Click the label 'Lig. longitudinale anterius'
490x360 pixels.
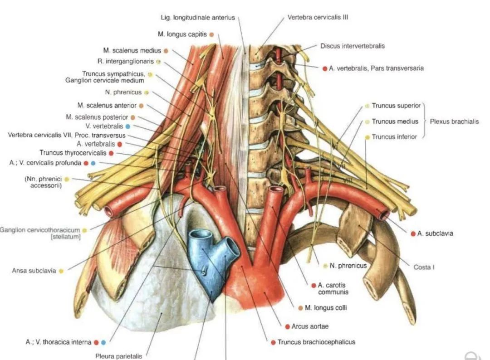click(x=198, y=18)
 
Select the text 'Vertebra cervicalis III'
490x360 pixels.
click(x=318, y=18)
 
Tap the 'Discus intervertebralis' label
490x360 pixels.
click(x=353, y=46)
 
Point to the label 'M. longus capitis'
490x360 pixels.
click(x=182, y=34)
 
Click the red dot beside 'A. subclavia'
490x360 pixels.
click(x=413, y=234)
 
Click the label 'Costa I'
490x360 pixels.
click(x=424, y=267)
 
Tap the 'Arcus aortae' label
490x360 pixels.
click(x=314, y=326)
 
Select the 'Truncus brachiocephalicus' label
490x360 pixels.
click(x=316, y=342)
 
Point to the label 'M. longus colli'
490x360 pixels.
click(x=326, y=308)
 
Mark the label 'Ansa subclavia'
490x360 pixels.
click(x=34, y=271)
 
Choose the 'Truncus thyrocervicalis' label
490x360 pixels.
click(x=73, y=153)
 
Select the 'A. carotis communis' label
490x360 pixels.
click(x=333, y=288)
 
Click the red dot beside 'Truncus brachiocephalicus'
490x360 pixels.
click(x=273, y=342)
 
